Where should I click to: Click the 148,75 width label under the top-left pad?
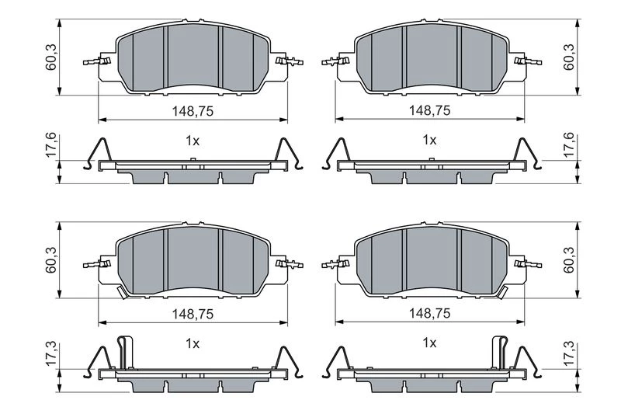(193, 111)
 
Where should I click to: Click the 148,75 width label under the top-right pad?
(430, 110)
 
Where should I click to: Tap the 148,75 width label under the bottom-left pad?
(193, 314)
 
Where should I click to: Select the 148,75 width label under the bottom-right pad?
(430, 313)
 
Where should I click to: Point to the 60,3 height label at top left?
(51, 57)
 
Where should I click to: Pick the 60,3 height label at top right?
(569, 57)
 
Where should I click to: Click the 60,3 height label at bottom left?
(51, 260)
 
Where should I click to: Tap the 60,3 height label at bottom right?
(569, 260)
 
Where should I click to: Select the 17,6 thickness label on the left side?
(51, 145)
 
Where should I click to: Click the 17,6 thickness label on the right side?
(569, 145)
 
